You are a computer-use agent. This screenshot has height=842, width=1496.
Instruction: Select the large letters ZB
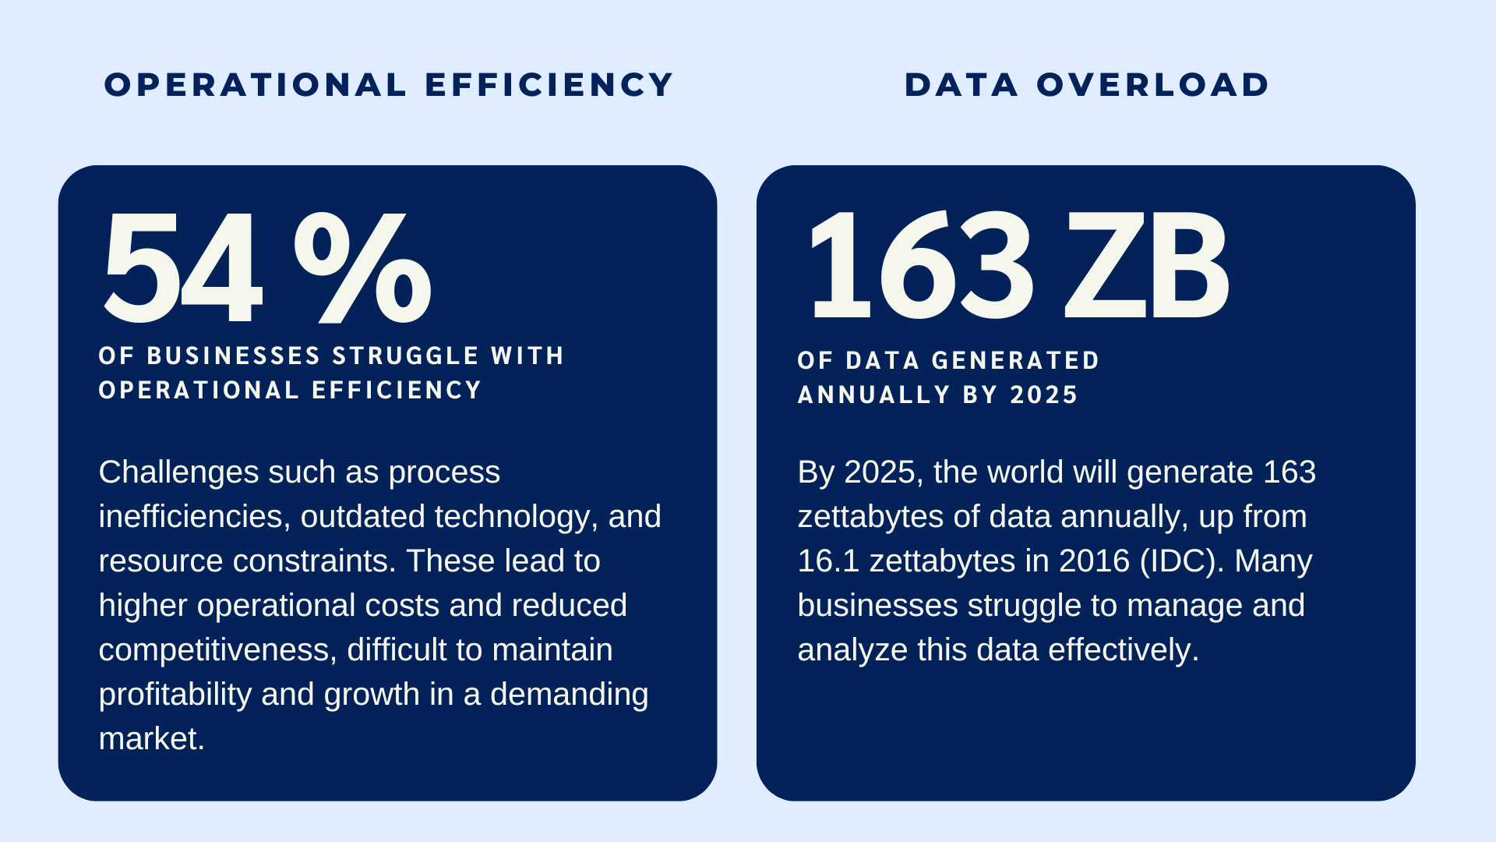(x=1146, y=267)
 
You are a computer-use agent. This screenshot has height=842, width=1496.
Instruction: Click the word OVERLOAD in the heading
(x=1152, y=85)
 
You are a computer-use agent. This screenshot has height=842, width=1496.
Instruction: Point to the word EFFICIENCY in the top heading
(x=549, y=85)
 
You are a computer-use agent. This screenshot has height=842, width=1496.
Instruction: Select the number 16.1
(x=828, y=561)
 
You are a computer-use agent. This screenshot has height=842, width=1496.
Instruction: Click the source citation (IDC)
(x=1181, y=561)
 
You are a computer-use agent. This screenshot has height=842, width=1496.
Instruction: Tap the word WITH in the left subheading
(x=527, y=356)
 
